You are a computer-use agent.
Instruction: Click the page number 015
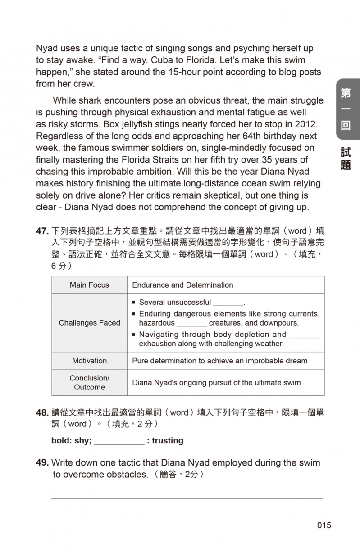(x=324, y=525)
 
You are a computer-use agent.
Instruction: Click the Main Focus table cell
(x=89, y=285)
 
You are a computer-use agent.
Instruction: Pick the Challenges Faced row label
(x=89, y=323)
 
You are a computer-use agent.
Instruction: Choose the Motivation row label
(x=89, y=361)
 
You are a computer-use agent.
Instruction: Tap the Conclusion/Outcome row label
(x=89, y=383)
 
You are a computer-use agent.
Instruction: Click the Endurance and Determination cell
(x=182, y=285)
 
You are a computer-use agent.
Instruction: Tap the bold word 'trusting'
(x=168, y=441)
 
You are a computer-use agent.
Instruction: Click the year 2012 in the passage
(x=308, y=124)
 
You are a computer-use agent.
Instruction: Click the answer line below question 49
(x=187, y=498)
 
